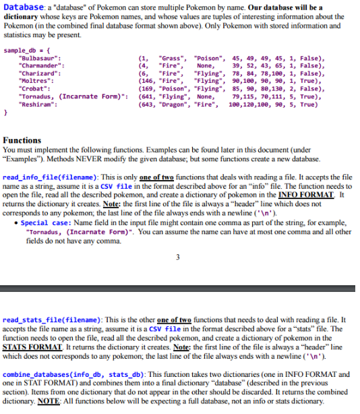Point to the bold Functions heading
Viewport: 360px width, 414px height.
tap(22, 139)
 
